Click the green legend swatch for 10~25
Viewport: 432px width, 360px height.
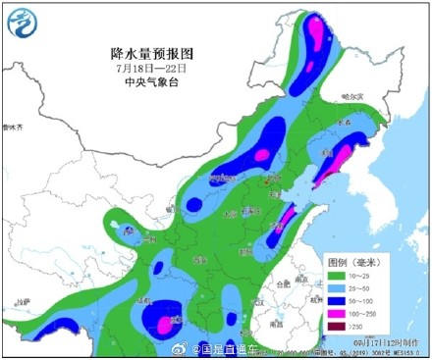pos(336,278)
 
